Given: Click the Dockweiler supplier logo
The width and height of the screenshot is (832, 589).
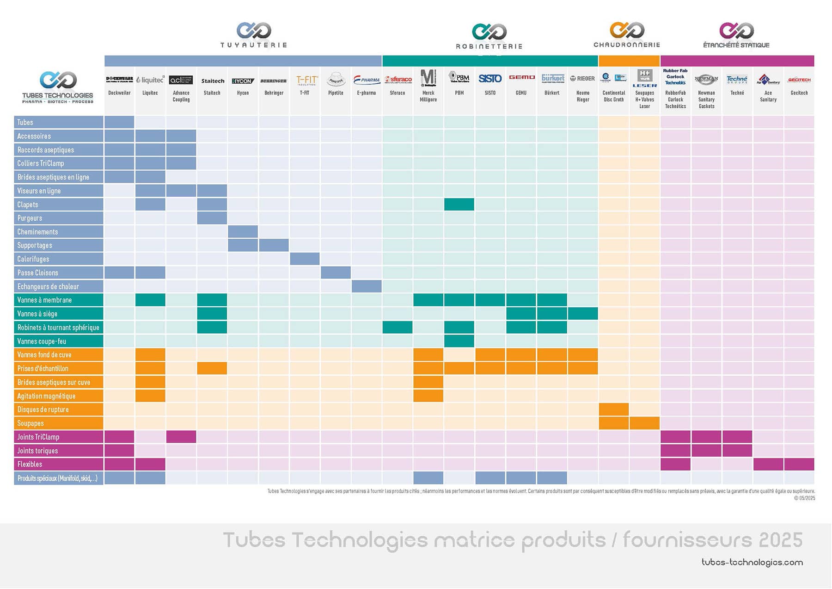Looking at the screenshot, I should tap(119, 80).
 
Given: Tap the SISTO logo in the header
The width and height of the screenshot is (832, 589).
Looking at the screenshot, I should tap(490, 79).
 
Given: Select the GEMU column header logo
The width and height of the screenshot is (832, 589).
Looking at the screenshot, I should tap(521, 78).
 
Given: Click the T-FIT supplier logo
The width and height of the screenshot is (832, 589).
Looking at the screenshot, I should tap(306, 80).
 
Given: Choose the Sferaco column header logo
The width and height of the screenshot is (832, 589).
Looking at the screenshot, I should tap(398, 80).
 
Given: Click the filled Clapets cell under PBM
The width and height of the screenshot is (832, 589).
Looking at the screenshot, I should tap(459, 205).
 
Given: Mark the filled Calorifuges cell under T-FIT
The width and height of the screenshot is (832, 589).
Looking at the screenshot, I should tap(305, 259).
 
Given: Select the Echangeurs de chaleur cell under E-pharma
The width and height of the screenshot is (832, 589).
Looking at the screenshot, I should tap(367, 286).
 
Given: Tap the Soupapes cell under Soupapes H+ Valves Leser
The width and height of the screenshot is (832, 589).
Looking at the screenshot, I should tap(644, 423).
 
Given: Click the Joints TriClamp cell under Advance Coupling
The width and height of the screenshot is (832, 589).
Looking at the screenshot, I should tap(181, 437).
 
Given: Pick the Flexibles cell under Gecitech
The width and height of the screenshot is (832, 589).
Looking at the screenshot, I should tap(799, 464).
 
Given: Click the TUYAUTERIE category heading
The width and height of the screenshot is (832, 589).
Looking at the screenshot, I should tap(254, 45).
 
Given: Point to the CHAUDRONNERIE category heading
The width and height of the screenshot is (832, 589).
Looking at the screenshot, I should tap(627, 45).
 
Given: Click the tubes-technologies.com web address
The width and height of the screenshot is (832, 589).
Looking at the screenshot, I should tap(752, 562).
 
